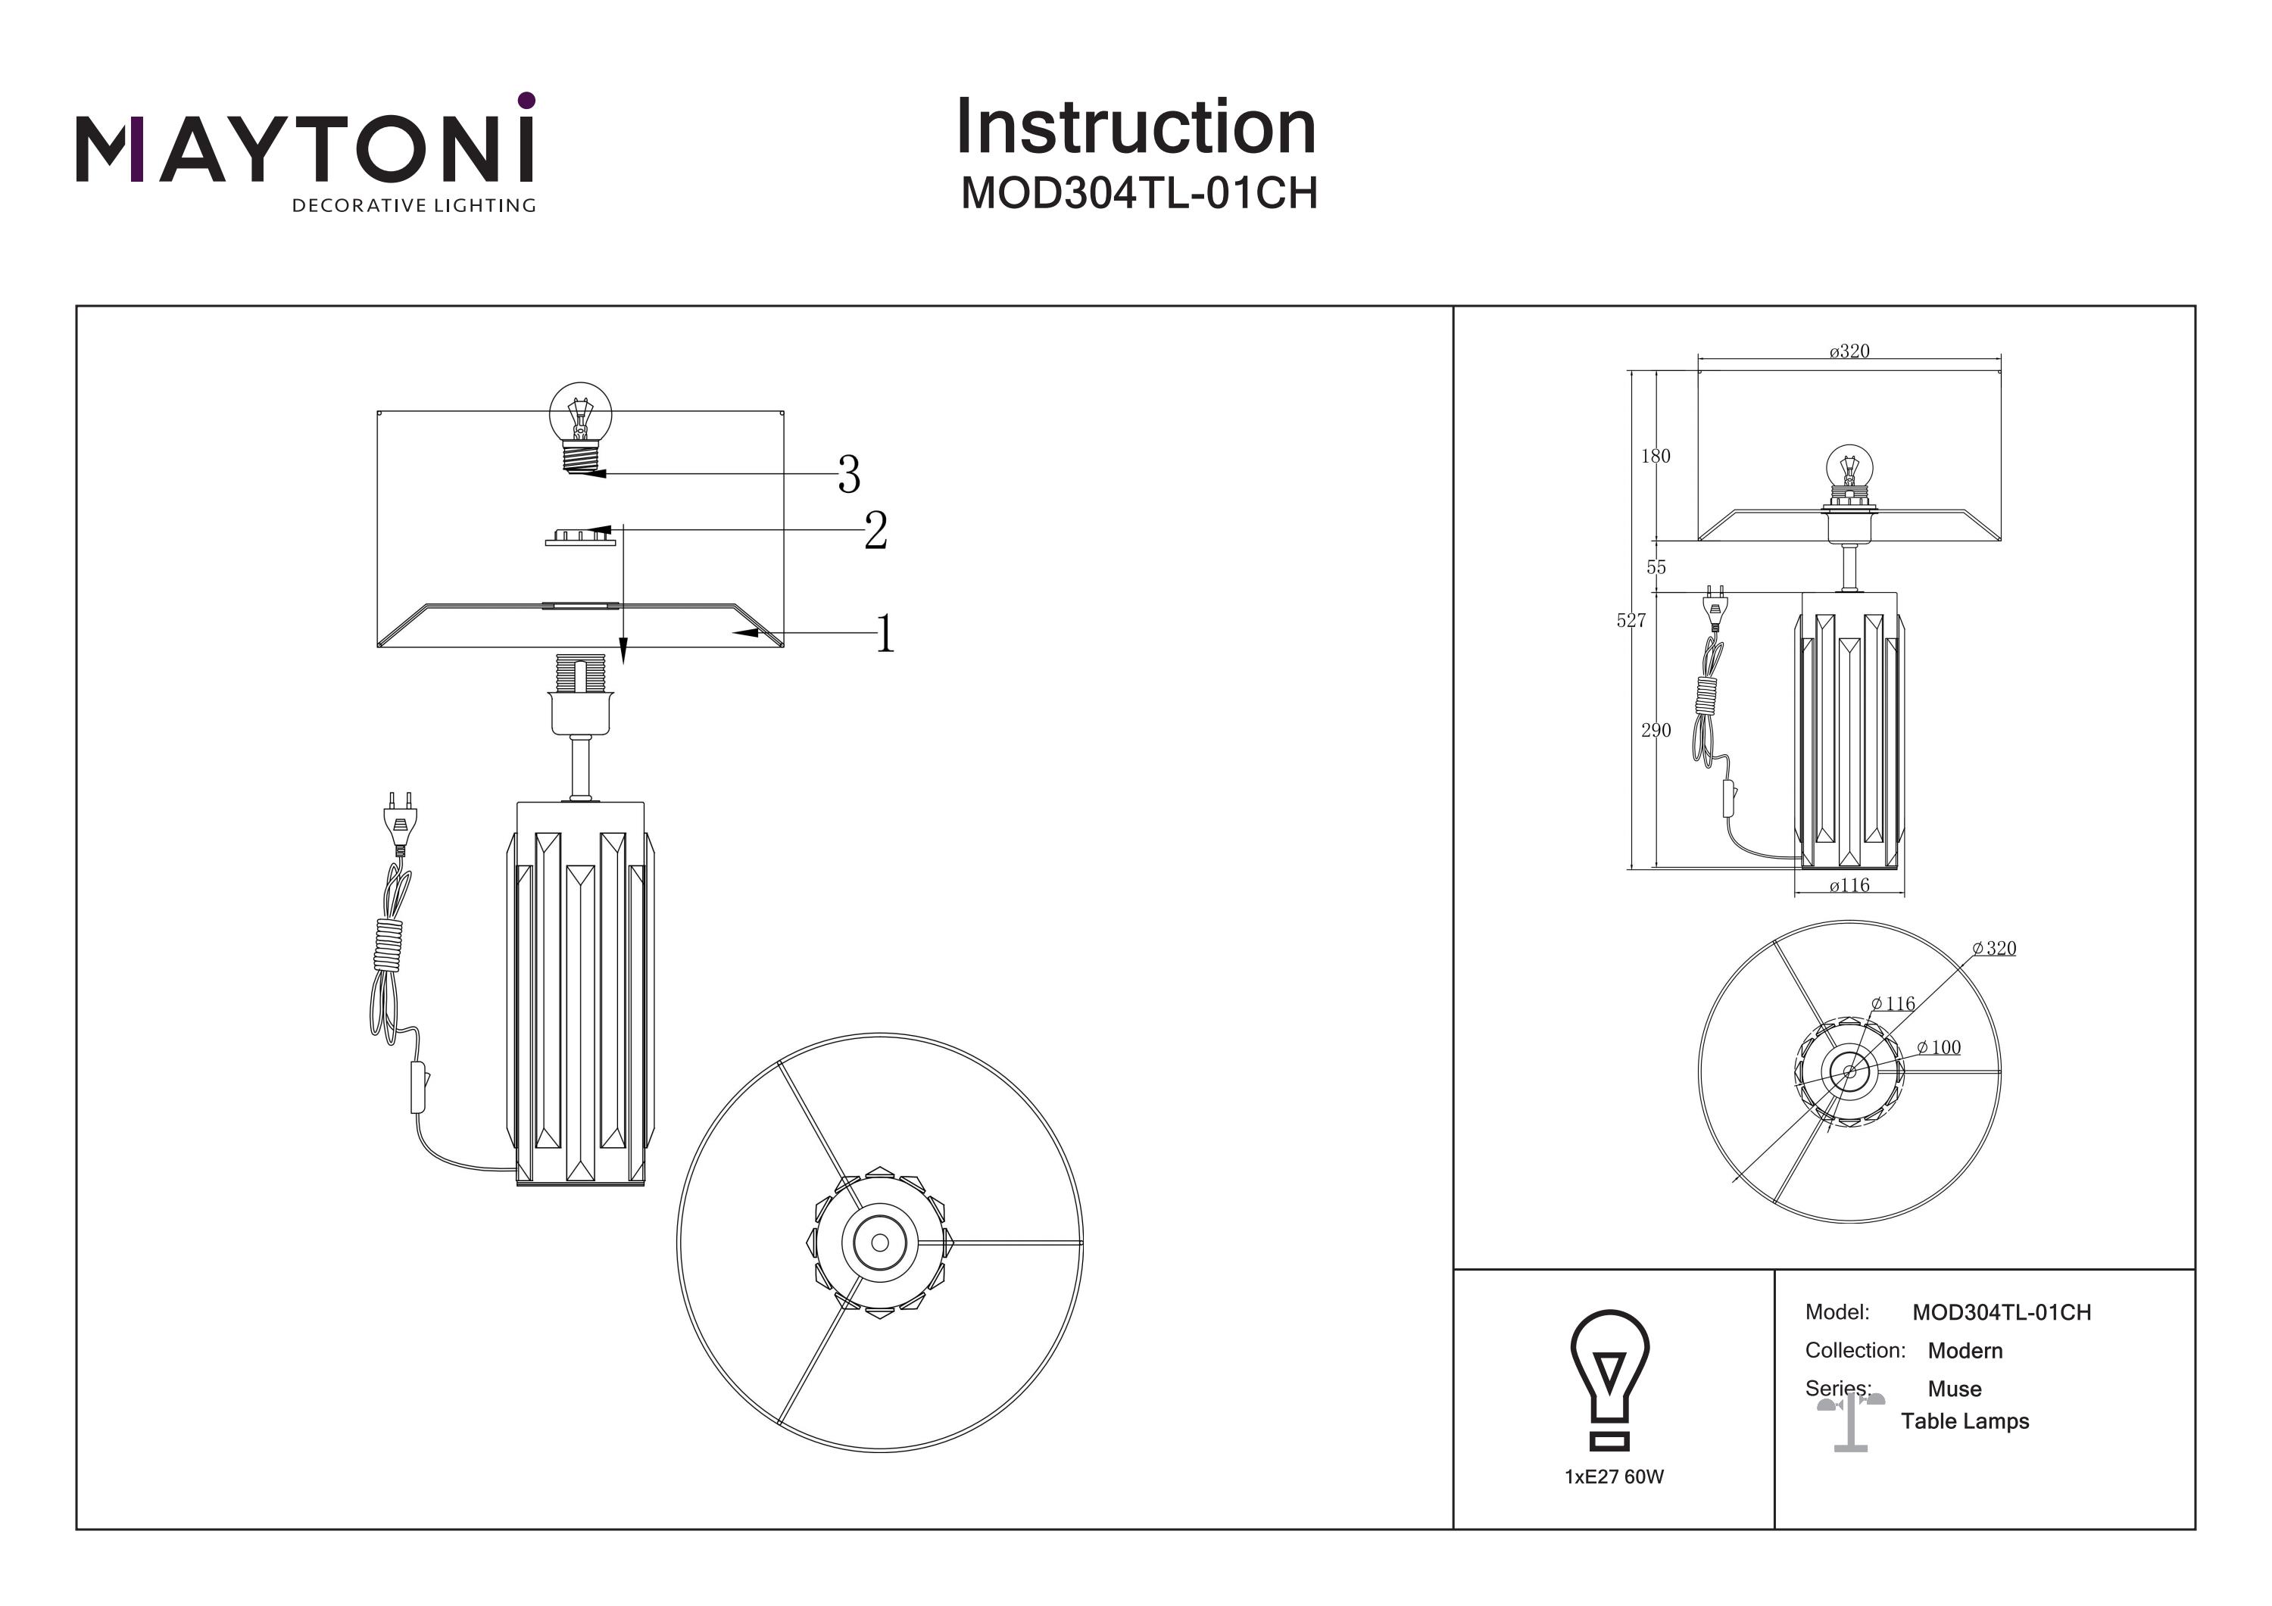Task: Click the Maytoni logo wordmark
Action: (x=304, y=148)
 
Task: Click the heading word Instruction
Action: (x=1135, y=128)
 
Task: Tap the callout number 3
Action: (x=848, y=476)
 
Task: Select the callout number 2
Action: (x=875, y=532)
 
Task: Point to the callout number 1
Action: (x=885, y=635)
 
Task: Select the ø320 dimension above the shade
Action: (x=1849, y=351)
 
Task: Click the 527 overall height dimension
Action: (x=1631, y=620)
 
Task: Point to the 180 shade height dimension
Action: (x=1655, y=456)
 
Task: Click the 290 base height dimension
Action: (x=1655, y=730)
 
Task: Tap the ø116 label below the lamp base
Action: (x=1849, y=886)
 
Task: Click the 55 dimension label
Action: (x=1656, y=567)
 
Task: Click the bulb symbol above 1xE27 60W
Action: (x=1610, y=1380)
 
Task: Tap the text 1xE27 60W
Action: (x=1614, y=1477)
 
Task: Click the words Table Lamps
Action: (x=1965, y=1422)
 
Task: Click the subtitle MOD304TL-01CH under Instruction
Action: (x=1139, y=194)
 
